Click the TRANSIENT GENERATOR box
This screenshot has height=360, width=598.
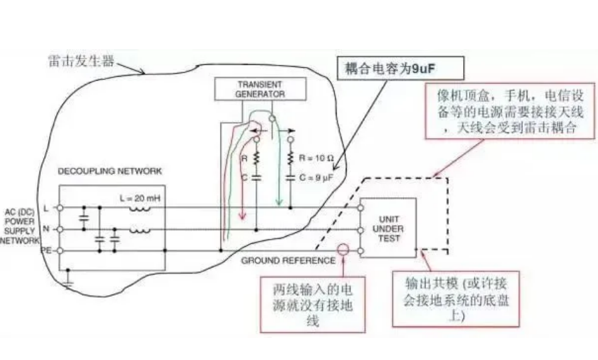click(260, 89)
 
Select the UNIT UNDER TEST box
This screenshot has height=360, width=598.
click(387, 228)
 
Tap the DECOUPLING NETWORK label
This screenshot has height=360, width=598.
click(110, 171)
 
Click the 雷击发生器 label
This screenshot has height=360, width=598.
click(82, 61)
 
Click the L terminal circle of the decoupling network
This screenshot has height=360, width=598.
click(60, 207)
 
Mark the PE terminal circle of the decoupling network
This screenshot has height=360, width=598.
click(60, 250)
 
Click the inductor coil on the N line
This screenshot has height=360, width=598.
click(141, 229)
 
